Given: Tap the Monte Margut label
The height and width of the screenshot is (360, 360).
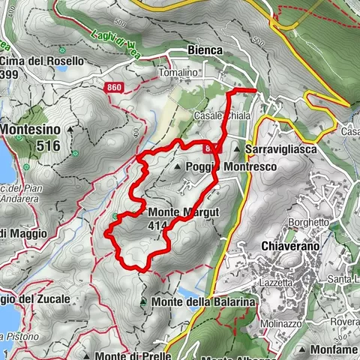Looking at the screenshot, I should tap(183, 212).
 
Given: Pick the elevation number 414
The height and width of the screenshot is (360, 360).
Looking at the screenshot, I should tap(157, 225).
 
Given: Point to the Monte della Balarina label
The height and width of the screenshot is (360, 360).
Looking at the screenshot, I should tap(202, 301).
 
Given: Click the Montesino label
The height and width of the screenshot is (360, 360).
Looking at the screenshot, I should tap(31, 129).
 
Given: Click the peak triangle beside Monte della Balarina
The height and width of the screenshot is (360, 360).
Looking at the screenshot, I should tap(142, 301).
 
